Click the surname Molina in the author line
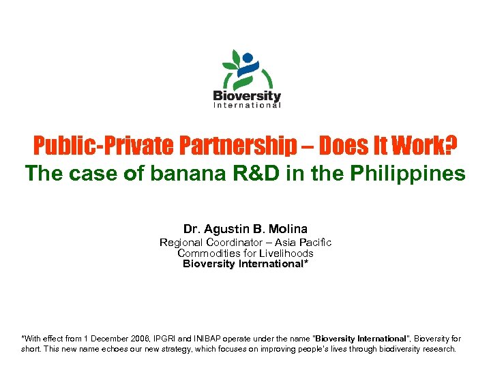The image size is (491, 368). (289, 229)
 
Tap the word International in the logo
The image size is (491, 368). (247, 105)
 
